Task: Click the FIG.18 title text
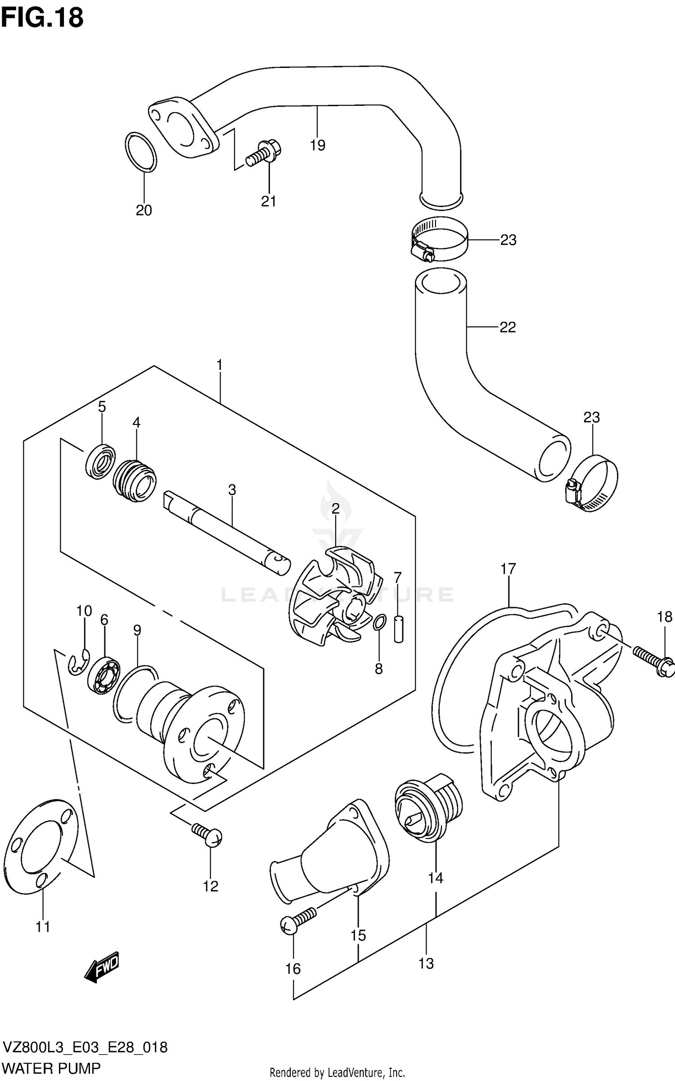(42, 18)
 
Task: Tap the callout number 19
(317, 145)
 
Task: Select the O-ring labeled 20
(141, 152)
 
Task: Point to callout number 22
(507, 327)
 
